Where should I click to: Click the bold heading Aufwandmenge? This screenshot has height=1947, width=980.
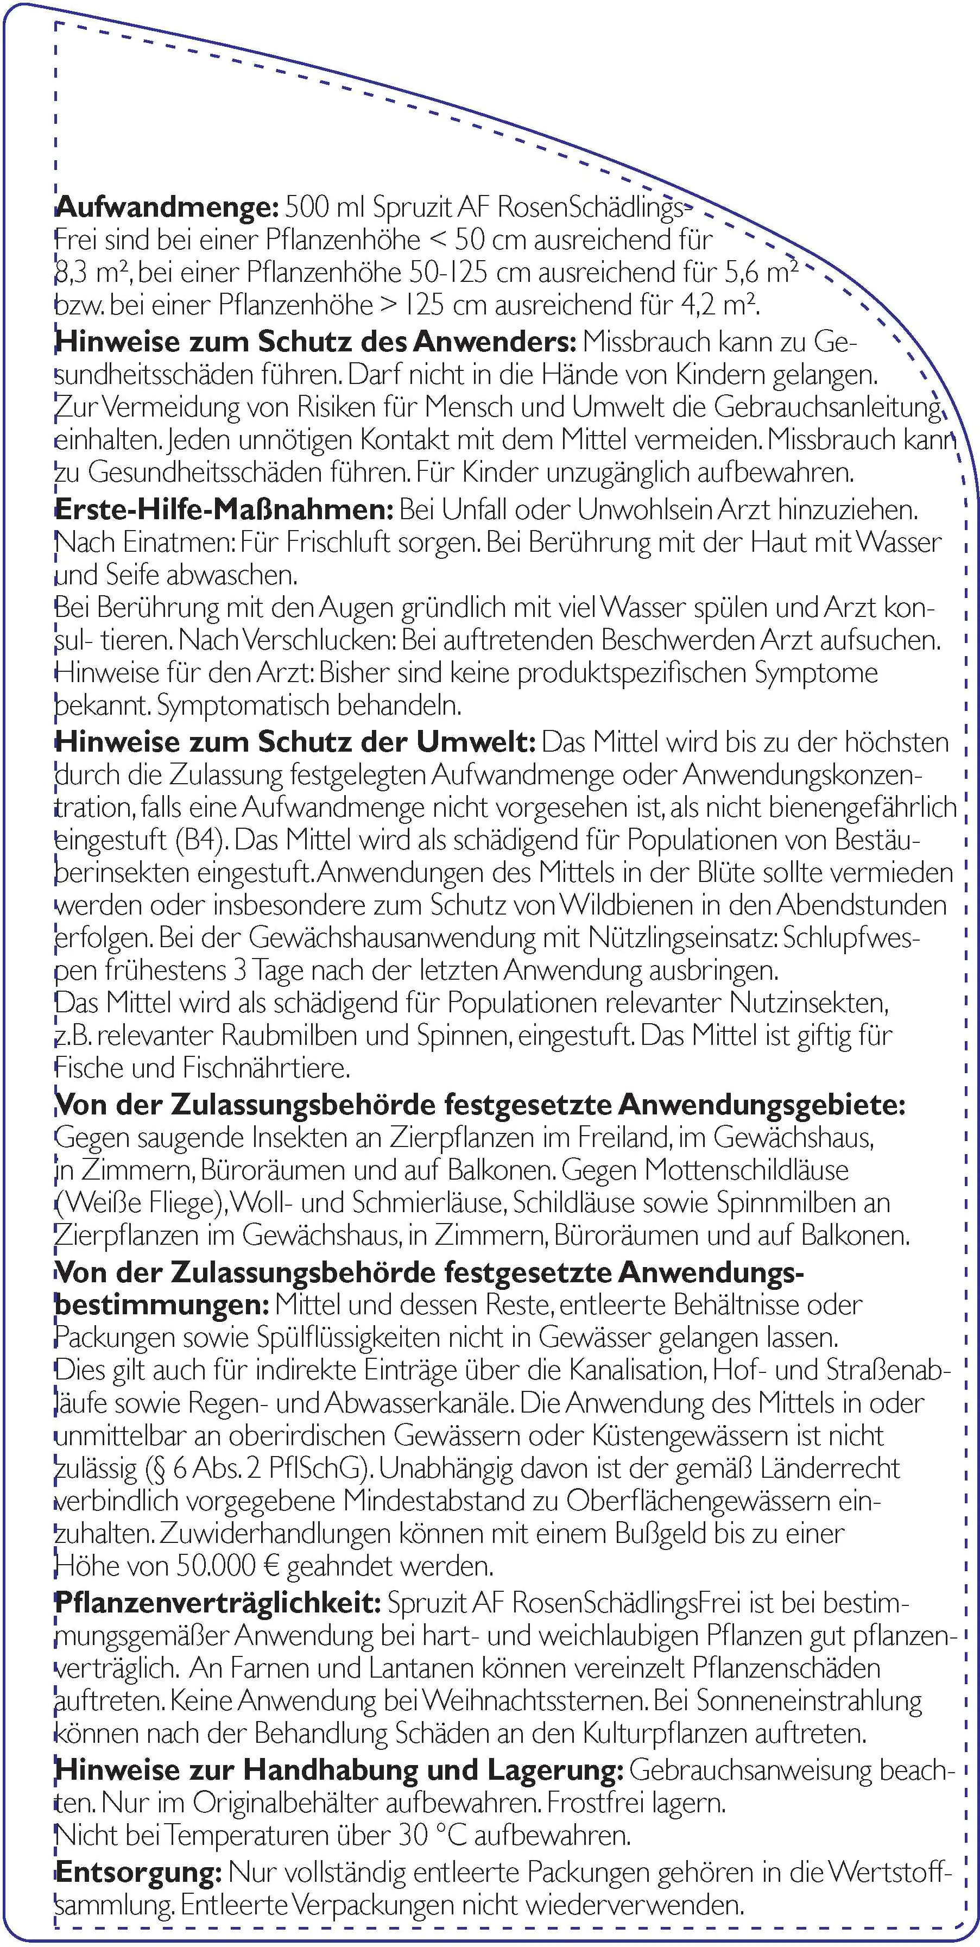[x=168, y=207]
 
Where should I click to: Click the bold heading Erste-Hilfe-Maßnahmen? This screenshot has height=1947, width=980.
[x=224, y=509]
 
